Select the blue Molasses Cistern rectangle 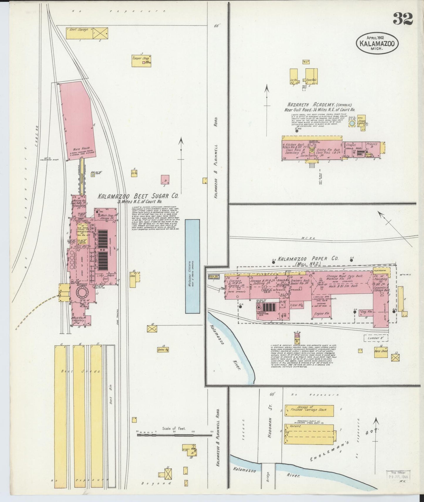(192, 266)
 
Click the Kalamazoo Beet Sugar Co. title (138, 196)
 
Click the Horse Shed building (381, 351)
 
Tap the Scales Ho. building (163, 349)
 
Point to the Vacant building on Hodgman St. (309, 434)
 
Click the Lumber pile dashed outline (376, 338)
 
